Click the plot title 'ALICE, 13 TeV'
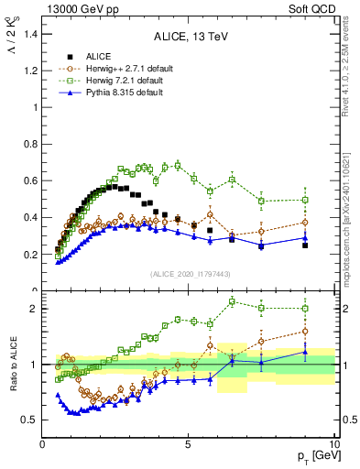click(x=189, y=38)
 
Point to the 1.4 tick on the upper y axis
click(x=30, y=33)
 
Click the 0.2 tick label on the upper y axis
click(x=30, y=255)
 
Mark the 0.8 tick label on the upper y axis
click(x=30, y=144)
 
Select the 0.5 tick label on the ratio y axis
click(x=30, y=420)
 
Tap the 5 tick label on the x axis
click(x=188, y=444)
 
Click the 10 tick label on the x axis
click(x=333, y=444)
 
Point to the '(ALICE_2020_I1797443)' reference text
click(x=189, y=275)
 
